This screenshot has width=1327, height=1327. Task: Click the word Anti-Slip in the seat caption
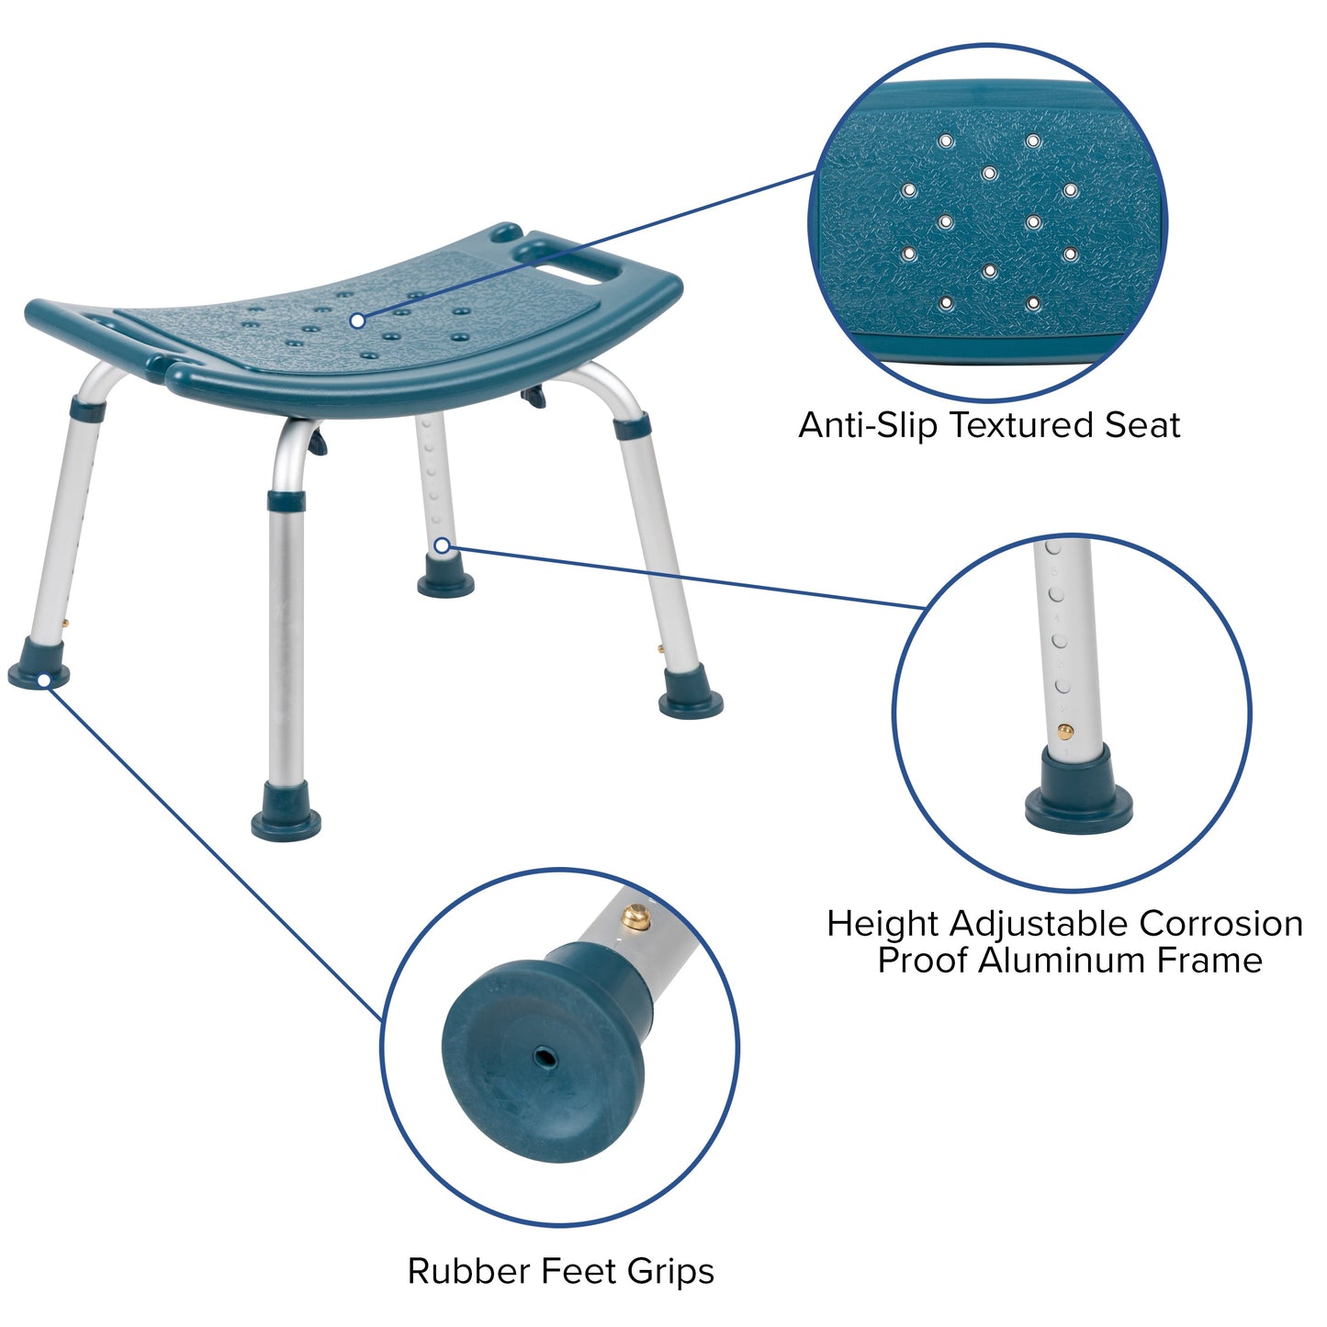pyautogui.click(x=869, y=425)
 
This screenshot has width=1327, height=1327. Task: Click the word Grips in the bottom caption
pyautogui.click(x=670, y=1273)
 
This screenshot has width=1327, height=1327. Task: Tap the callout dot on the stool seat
pyautogui.click(x=357, y=321)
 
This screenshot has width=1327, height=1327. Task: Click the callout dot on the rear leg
pyautogui.click(x=442, y=545)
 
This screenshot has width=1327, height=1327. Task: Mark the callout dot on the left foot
pyautogui.click(x=43, y=680)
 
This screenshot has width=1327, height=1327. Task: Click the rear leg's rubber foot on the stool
pyautogui.click(x=446, y=583)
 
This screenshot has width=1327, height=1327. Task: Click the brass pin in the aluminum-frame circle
pyautogui.click(x=1064, y=732)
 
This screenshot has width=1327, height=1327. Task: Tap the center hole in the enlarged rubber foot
pyautogui.click(x=546, y=1059)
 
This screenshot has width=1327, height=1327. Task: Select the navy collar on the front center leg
pyautogui.click(x=287, y=500)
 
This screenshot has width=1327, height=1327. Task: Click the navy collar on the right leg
pyautogui.click(x=633, y=425)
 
